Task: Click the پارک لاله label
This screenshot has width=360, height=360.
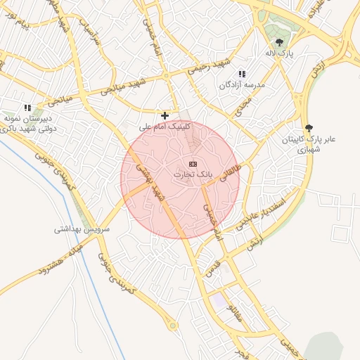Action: tap(278, 53)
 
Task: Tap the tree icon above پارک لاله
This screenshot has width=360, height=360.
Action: tap(279, 42)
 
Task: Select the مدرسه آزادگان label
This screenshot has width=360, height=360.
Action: tap(242, 84)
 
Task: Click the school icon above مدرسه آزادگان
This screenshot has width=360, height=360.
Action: tap(242, 74)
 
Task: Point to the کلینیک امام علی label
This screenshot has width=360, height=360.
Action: tap(166, 126)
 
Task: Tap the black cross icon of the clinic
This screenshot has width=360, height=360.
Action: tap(165, 115)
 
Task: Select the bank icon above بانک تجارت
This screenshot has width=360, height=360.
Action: tap(193, 163)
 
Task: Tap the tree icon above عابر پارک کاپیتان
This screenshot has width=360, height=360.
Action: tap(309, 128)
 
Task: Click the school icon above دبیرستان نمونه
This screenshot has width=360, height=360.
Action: tap(27, 108)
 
